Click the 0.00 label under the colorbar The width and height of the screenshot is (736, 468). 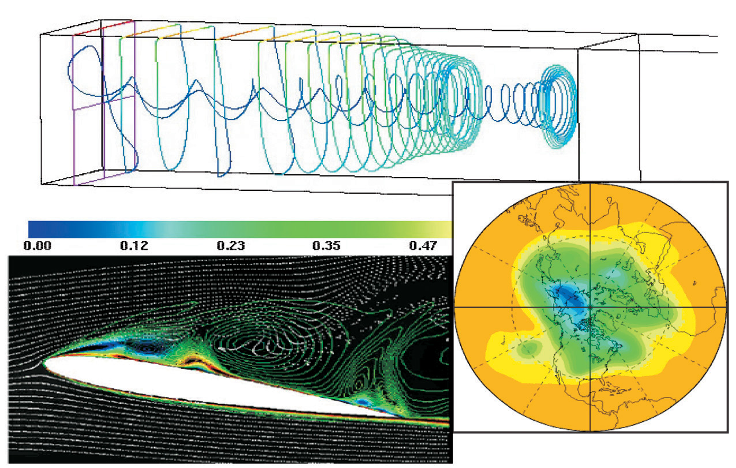pyautogui.click(x=39, y=246)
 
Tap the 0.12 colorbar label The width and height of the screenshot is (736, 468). pyautogui.click(x=134, y=246)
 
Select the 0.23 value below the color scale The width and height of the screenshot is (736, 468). pyautogui.click(x=230, y=246)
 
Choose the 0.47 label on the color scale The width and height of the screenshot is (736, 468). pyautogui.click(x=422, y=246)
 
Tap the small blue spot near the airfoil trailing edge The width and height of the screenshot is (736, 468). pyautogui.click(x=363, y=400)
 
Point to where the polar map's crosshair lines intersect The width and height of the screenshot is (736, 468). pyautogui.click(x=590, y=306)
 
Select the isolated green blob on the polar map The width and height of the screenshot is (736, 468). pyautogui.click(x=530, y=348)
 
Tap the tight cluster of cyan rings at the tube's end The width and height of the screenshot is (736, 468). pyautogui.click(x=557, y=107)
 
